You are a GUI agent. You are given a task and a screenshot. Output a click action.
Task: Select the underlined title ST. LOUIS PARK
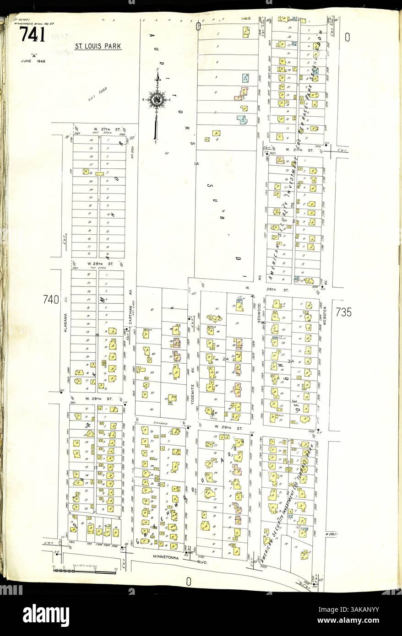click(x=98, y=47)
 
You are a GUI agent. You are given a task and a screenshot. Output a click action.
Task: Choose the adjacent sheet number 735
click(x=343, y=313)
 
